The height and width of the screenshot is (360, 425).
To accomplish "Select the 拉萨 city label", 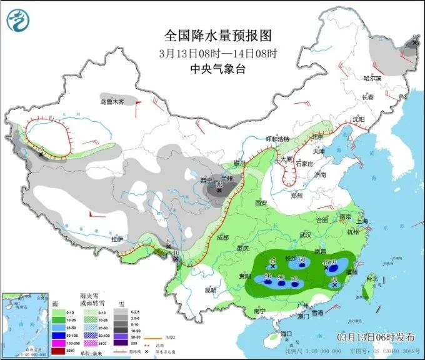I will click(117, 239).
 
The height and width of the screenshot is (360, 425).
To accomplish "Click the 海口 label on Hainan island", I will click(287, 334).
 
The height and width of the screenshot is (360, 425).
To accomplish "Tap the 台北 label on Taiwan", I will click(371, 278).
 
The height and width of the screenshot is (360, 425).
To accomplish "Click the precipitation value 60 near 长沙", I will click(302, 260).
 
